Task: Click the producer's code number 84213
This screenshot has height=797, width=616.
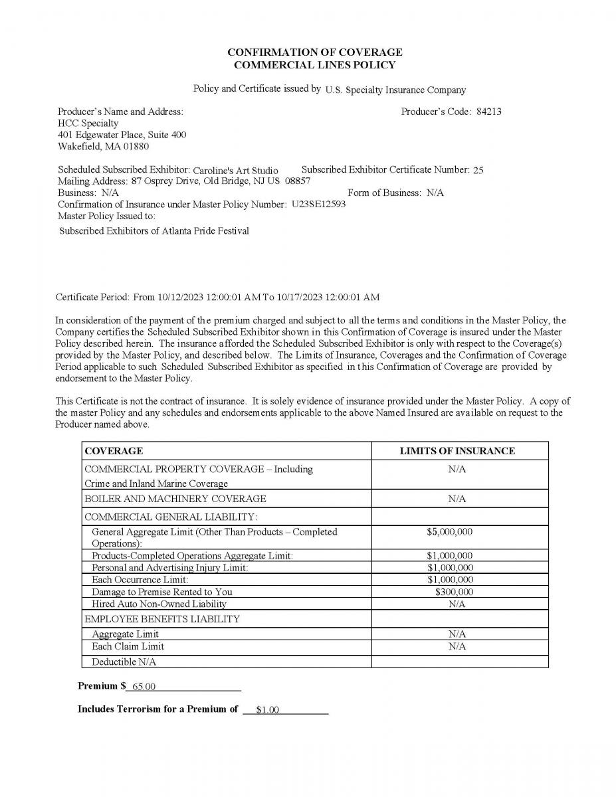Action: pos(488,112)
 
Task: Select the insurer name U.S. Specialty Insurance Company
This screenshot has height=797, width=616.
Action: pos(395,90)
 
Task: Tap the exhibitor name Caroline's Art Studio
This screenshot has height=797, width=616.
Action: pos(235,170)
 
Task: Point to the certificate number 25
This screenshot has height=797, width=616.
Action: pos(478,170)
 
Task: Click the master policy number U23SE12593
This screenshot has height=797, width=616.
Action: pos(318,204)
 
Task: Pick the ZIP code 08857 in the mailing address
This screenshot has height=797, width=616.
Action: pos(297,181)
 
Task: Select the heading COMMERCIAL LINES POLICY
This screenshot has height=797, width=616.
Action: pos(314,65)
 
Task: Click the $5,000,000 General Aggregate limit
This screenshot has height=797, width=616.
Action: pos(450,532)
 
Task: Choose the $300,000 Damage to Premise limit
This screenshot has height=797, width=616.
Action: pos(454,592)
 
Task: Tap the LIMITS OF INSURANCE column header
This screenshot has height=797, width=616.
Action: pos(457,451)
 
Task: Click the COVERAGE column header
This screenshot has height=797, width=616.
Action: pos(114,451)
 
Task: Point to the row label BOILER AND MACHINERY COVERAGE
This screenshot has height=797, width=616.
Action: pos(175,499)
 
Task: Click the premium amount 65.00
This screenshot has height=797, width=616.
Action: pos(144,687)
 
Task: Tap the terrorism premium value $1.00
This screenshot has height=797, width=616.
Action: pos(267,710)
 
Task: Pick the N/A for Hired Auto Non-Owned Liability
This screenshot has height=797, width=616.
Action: pos(457,604)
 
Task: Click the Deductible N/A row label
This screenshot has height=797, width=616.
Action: pos(124,662)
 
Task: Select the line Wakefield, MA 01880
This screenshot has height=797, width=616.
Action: pos(103,146)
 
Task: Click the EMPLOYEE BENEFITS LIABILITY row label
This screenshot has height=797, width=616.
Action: pos(162,619)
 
